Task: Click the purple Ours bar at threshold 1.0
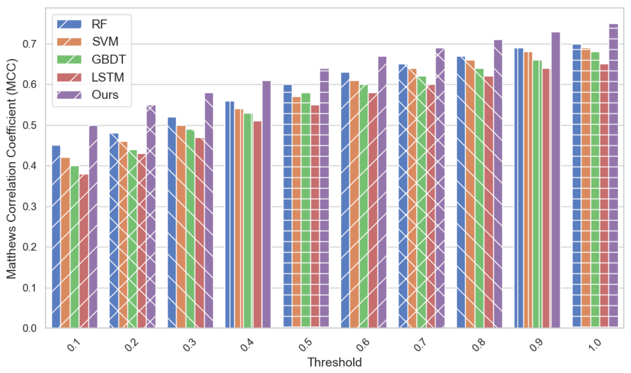[x=613, y=176]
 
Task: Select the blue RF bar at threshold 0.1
[x=56, y=236]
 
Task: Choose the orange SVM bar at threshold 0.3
[x=181, y=226]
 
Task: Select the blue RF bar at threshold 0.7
[x=403, y=196]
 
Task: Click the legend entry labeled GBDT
[x=108, y=60]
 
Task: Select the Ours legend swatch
[x=69, y=95]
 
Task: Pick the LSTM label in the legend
[x=108, y=77]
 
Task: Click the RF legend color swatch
[x=69, y=24]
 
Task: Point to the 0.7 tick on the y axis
[x=29, y=44]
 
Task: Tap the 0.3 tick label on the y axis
[x=29, y=207]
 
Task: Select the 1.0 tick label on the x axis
[x=595, y=345]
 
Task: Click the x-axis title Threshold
[x=334, y=362]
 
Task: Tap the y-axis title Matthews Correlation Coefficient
[x=11, y=168]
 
